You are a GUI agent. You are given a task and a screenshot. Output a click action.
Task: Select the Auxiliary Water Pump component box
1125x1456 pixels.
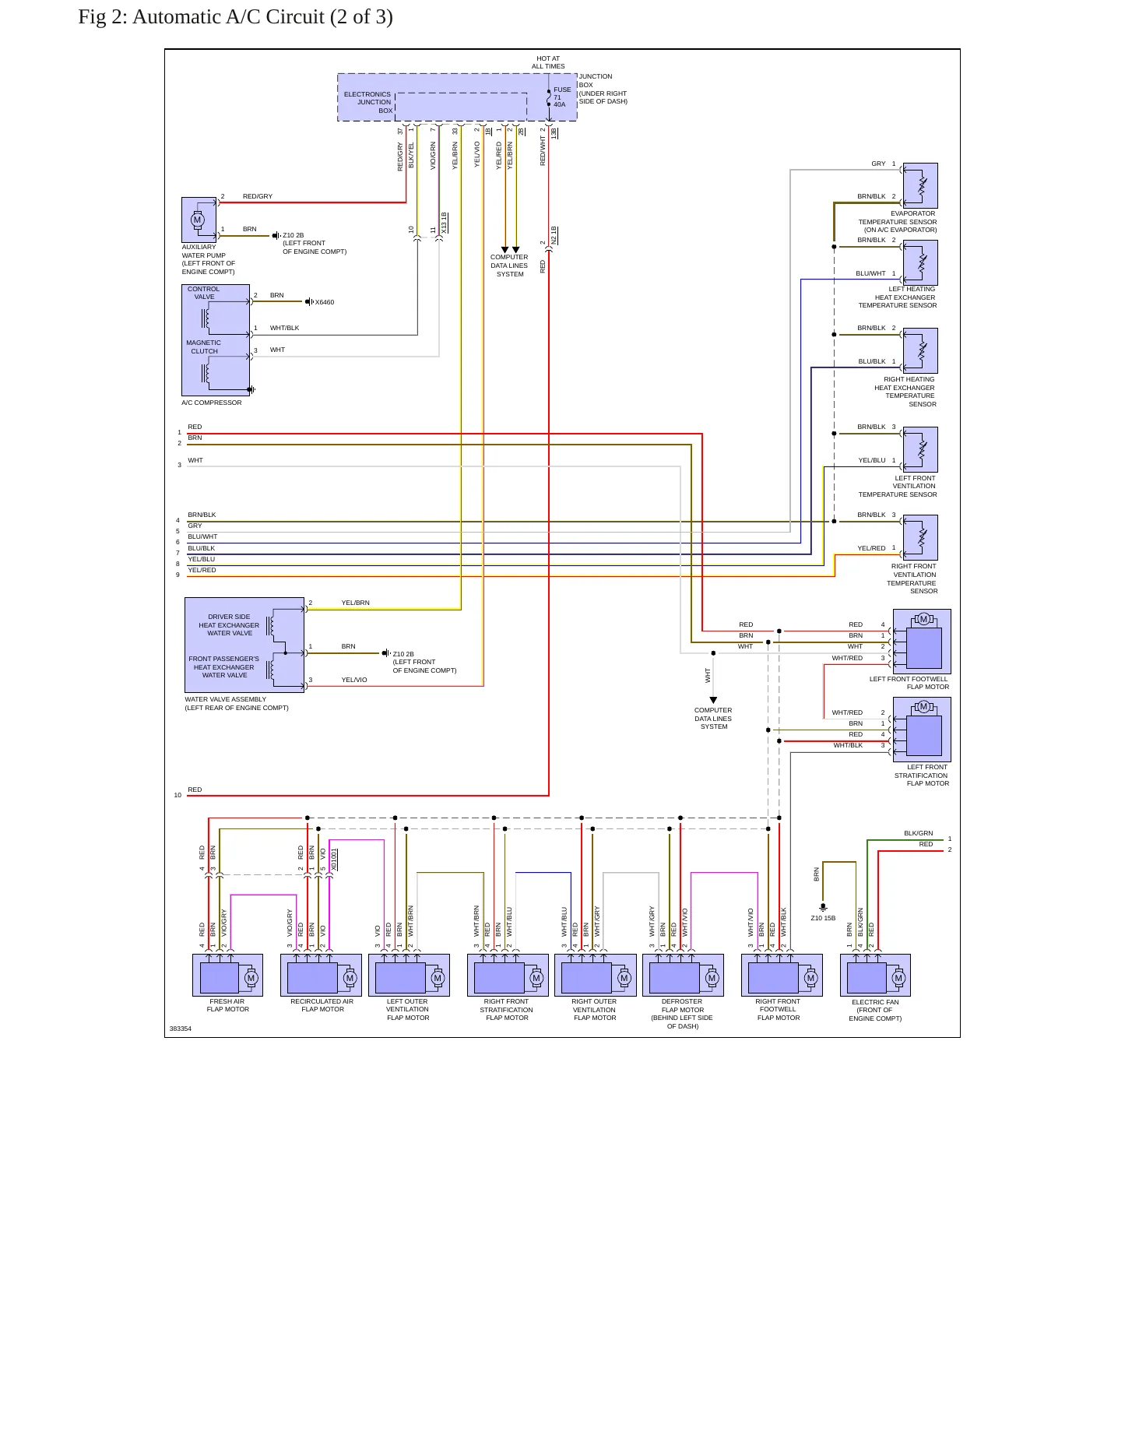coord(199,220)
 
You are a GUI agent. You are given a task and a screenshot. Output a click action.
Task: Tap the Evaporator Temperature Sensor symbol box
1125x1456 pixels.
coord(919,185)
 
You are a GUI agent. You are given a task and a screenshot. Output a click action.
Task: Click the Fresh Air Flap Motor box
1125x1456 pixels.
coord(227,975)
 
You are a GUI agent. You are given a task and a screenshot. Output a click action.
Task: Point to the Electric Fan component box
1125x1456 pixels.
coord(875,975)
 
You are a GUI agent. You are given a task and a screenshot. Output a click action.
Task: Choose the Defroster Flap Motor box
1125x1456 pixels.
coord(683,975)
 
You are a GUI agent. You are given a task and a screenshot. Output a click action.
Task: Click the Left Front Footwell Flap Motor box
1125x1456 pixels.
coord(922,641)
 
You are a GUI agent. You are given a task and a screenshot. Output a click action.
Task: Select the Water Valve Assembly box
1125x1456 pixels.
coord(244,645)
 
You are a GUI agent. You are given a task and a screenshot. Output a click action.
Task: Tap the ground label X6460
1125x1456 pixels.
coord(325,302)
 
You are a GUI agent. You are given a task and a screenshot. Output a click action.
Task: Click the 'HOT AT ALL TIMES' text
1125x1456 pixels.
coord(548,62)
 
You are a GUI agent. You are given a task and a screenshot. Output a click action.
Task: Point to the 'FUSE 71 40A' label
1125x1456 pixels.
coord(561,97)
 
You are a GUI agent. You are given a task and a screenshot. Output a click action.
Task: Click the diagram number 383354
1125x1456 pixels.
coord(181,1029)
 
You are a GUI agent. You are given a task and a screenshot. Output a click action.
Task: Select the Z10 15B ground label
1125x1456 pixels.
coord(823,918)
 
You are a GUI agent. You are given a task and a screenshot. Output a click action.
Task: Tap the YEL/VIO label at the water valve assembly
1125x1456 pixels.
coord(354,680)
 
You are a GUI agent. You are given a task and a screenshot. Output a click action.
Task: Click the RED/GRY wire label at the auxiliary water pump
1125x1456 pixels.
coord(258,196)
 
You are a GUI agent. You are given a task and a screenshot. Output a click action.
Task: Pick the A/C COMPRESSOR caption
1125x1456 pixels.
coord(212,403)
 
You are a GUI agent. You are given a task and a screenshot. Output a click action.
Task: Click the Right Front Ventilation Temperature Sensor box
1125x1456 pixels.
coord(919,537)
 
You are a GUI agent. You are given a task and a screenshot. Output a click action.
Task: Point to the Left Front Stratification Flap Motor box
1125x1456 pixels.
coord(922,729)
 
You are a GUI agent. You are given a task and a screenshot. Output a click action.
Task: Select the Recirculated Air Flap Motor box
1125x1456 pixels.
coord(321,975)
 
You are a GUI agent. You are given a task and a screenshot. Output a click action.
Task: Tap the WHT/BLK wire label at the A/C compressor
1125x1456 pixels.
coord(284,328)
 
